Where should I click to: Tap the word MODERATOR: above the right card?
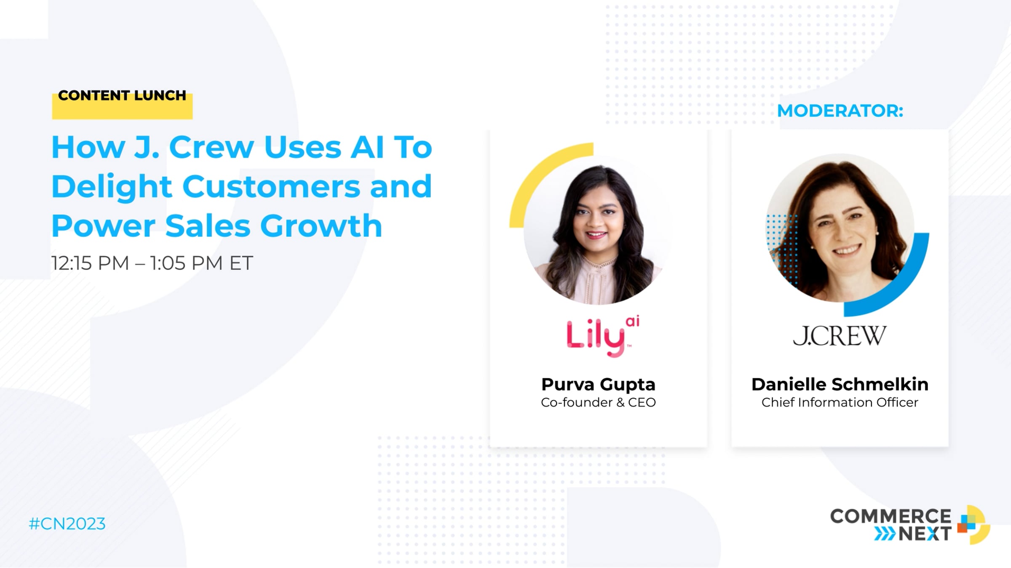840,111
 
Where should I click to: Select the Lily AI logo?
603,336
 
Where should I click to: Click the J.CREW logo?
840,336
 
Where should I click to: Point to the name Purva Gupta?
598,384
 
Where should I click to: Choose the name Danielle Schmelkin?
840,384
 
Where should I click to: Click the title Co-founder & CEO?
598,403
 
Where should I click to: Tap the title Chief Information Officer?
840,403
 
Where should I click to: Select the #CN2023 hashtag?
67,524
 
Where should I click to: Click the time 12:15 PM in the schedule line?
90,263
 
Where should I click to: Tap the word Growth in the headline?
321,226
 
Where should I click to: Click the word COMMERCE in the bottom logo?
891,516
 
